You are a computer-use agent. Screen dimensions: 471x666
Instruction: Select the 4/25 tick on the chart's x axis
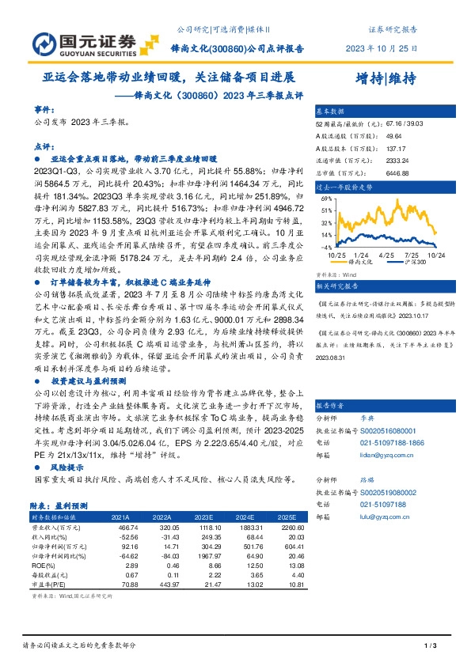coord(387,255)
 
